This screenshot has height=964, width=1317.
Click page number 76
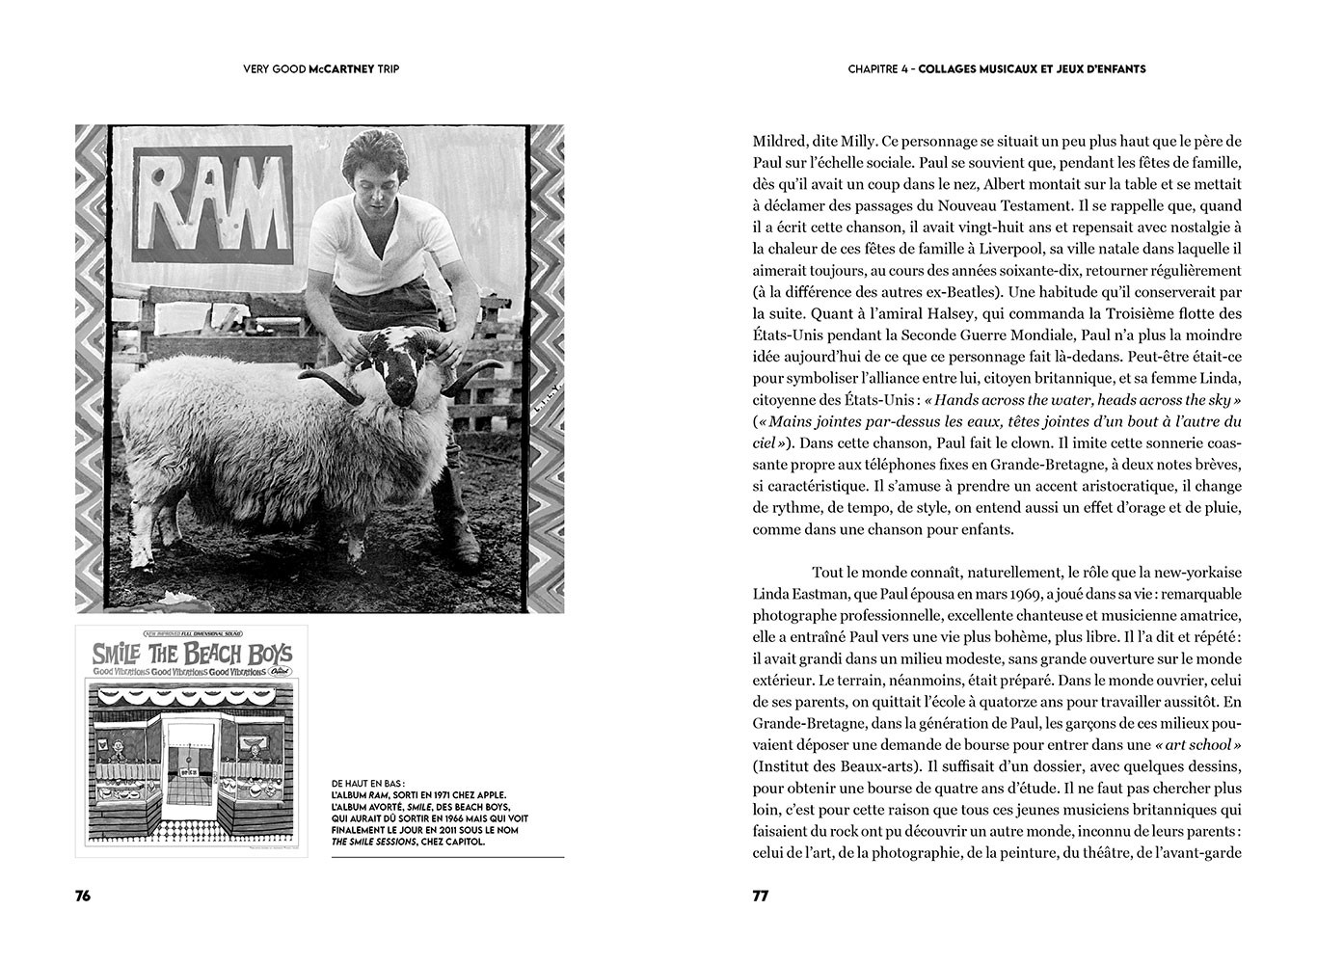click(83, 896)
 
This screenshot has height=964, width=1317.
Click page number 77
click(761, 896)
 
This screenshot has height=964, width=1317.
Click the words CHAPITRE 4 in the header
click(879, 69)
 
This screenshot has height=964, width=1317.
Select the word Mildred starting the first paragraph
click(781, 139)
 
